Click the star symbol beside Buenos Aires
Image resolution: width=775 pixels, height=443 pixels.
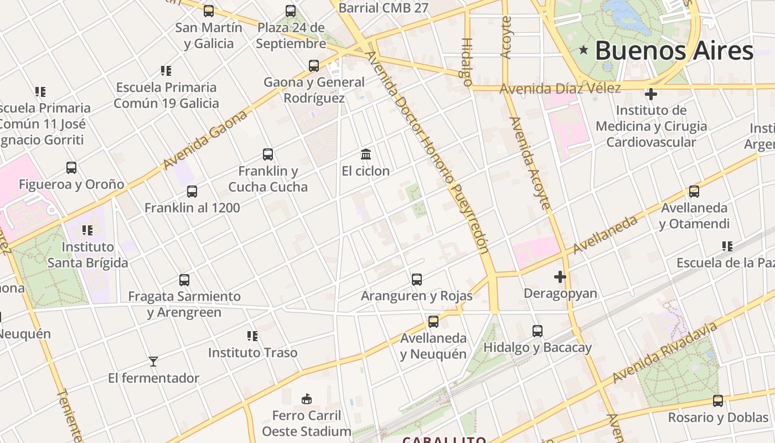[583, 50]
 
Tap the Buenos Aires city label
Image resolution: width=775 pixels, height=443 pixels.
[674, 50]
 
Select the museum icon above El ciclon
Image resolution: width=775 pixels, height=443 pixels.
[365, 154]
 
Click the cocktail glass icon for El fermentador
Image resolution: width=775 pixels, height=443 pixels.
[153, 362]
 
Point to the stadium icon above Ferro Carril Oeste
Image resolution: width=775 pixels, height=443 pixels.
[306, 399]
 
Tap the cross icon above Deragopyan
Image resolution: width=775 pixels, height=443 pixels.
[560, 276]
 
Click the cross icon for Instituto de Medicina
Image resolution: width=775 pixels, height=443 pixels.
[651, 94]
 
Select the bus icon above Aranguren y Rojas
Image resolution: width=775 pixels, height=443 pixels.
[417, 280]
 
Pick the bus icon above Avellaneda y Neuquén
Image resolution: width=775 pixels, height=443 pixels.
[433, 321]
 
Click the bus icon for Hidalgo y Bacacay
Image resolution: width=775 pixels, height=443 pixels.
[537, 331]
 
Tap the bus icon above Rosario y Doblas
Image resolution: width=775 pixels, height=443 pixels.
[718, 401]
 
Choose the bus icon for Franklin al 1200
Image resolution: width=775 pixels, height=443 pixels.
[192, 192]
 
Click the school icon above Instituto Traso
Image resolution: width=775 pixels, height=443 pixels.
[252, 336]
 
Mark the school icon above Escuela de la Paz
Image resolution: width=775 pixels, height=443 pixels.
[727, 246]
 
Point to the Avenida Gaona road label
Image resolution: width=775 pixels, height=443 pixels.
[205, 140]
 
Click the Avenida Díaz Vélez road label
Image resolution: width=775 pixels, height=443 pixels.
[560, 89]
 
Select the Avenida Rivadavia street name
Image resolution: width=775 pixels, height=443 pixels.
[664, 353]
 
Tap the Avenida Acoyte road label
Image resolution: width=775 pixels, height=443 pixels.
[530, 163]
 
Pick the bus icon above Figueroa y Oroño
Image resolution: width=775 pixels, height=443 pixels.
[71, 168]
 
